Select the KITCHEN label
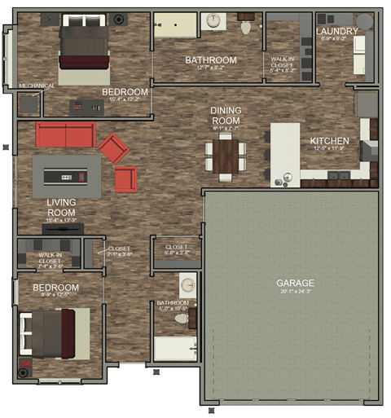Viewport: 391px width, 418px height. point(329,141)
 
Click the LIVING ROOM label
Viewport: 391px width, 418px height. point(61,207)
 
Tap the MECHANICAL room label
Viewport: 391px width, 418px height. point(36,86)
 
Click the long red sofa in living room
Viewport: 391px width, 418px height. point(65,134)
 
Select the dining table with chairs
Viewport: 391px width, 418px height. point(226,154)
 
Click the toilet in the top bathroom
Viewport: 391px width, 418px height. point(246,26)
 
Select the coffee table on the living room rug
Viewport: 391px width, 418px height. point(67,174)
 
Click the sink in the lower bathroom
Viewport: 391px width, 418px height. point(187,285)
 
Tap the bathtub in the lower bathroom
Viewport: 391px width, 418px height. point(174,350)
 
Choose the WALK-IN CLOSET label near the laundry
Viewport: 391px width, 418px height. point(282,64)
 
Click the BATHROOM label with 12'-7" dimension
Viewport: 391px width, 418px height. point(210,59)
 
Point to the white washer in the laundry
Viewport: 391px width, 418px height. point(359,56)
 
